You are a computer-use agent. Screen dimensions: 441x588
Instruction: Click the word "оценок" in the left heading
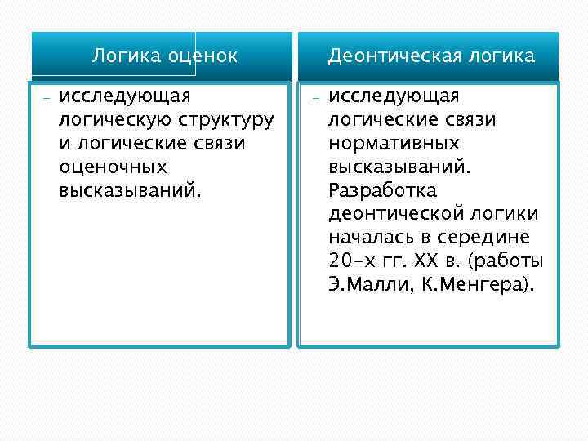pyautogui.click(x=201, y=56)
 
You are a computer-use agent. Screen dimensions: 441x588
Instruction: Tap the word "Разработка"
pyautogui.click(x=382, y=191)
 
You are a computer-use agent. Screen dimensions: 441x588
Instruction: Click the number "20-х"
pyautogui.click(x=353, y=262)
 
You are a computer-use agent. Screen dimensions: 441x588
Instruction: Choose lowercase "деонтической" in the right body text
pyautogui.click(x=398, y=215)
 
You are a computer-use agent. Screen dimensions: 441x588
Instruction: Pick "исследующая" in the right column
pyautogui.click(x=394, y=96)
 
